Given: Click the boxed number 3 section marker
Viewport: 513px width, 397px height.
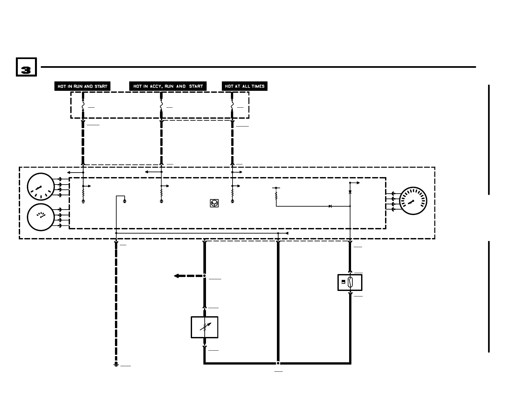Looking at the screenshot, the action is click(x=26, y=67).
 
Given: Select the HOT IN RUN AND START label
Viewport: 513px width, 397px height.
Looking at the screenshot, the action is click(x=82, y=86).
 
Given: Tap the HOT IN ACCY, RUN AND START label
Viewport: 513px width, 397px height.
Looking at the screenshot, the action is click(x=168, y=86).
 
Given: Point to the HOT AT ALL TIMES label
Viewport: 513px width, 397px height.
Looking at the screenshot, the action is click(x=245, y=86).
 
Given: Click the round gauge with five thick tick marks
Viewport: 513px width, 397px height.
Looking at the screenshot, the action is click(x=40, y=187).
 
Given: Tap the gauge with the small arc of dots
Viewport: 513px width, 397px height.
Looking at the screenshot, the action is click(x=40, y=217).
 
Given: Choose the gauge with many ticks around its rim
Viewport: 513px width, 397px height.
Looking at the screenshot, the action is click(x=413, y=201).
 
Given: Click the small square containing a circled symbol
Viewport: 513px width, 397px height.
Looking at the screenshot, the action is click(x=214, y=203).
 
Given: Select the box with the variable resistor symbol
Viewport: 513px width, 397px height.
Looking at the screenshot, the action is click(x=204, y=327).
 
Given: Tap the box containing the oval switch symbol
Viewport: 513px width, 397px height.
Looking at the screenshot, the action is click(x=350, y=283).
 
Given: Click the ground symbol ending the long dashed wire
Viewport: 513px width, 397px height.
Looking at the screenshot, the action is click(x=116, y=365).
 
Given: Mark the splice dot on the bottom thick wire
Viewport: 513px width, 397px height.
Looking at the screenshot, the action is click(x=278, y=363).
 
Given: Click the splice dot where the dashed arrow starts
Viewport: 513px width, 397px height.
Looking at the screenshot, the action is click(x=204, y=276).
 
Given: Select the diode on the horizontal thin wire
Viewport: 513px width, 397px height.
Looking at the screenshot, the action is click(x=330, y=206).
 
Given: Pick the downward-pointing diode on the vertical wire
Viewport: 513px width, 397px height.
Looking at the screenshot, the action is click(x=350, y=192).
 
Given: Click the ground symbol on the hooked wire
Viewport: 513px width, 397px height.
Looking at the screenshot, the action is click(x=125, y=201).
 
